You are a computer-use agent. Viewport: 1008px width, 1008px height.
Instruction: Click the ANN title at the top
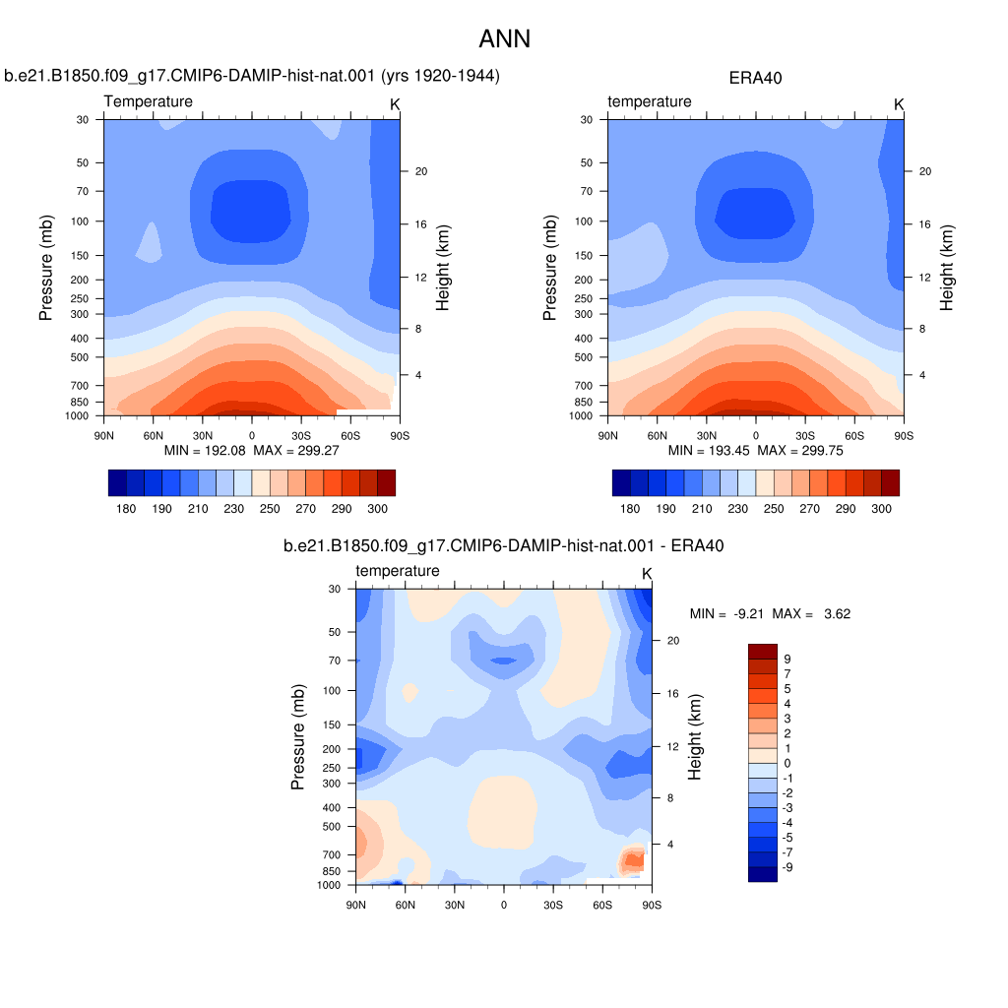[505, 39]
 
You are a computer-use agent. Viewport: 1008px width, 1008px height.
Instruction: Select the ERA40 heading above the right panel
[755, 79]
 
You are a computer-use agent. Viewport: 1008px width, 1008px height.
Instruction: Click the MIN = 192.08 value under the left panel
[205, 451]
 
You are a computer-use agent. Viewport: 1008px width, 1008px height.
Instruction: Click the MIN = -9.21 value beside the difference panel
[726, 614]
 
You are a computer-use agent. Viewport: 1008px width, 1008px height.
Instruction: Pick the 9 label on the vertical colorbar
[787, 659]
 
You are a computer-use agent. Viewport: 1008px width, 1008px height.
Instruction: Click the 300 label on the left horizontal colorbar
[377, 509]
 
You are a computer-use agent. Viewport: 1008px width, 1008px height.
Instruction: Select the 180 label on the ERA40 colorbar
[630, 509]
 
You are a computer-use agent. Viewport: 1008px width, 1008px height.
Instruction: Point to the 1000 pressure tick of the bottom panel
[329, 885]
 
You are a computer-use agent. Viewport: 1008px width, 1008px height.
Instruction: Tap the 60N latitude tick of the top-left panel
[153, 436]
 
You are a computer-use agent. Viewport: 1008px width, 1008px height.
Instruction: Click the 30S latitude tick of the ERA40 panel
[805, 436]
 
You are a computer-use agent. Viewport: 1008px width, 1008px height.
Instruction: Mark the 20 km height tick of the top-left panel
[421, 171]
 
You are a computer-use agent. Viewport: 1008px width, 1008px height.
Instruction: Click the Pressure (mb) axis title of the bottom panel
[297, 736]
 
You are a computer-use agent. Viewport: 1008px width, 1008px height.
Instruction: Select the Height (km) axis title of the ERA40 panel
[946, 268]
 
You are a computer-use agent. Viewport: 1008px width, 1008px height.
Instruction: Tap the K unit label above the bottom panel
[647, 574]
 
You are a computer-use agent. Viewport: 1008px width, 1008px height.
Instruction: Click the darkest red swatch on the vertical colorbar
[763, 652]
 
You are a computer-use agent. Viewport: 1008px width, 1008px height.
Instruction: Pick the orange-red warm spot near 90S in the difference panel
[634, 859]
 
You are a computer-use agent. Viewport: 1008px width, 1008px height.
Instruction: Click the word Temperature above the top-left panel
[149, 101]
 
